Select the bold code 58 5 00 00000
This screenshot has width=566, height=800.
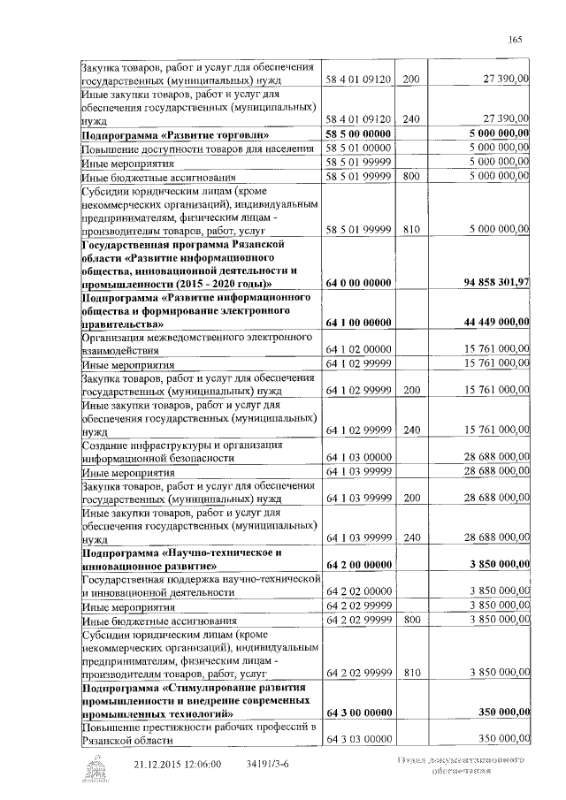[x=359, y=133]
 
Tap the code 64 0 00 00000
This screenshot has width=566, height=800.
[x=359, y=283]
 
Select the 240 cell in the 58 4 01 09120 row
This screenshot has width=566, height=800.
[x=410, y=118]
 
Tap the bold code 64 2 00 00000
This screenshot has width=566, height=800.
[x=359, y=564]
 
